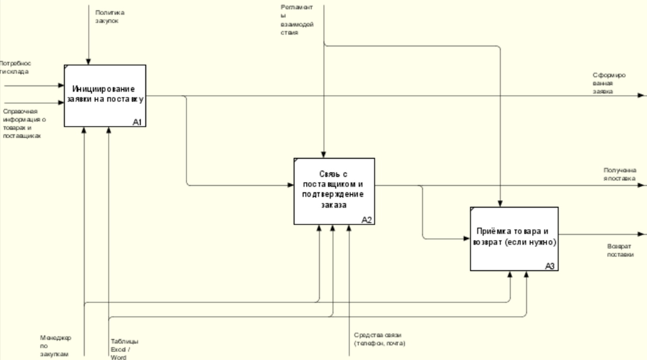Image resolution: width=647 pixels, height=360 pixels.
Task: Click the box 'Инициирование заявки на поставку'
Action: [105, 96]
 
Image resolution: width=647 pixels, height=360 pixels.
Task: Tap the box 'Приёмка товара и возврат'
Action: [514, 239]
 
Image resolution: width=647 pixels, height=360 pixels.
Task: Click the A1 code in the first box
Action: [137, 122]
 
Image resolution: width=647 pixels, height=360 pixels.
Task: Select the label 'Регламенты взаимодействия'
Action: [296, 20]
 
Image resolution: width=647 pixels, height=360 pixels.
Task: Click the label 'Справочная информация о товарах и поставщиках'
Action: [23, 124]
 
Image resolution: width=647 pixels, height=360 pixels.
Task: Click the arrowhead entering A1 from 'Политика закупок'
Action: [87, 62]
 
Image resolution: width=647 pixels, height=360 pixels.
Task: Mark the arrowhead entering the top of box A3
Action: [501, 204]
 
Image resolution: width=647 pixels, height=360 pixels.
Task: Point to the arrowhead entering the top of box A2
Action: [323, 155]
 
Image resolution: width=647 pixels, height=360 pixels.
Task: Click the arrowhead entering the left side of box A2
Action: [291, 185]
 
